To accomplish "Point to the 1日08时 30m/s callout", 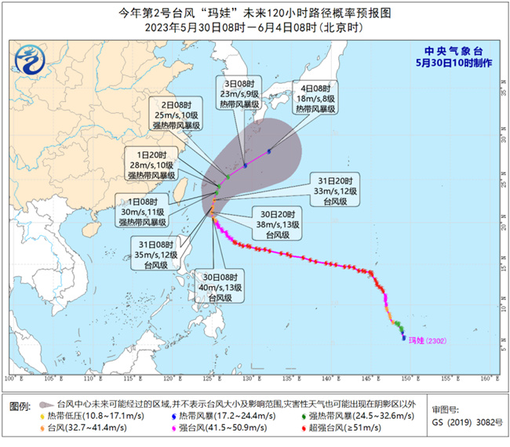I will click(x=147, y=210).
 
